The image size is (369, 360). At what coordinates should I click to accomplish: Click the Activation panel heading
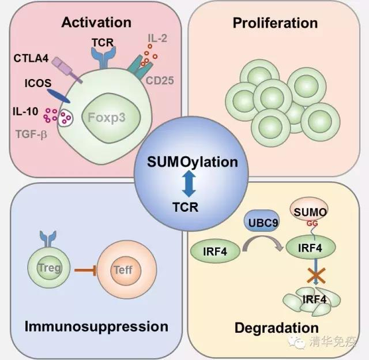click(x=96, y=22)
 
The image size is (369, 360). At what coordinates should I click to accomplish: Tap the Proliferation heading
click(x=276, y=23)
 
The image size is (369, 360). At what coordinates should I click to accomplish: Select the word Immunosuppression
click(x=96, y=327)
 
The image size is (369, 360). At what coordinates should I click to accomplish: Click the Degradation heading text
click(x=277, y=328)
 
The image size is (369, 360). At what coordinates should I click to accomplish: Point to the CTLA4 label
click(x=31, y=58)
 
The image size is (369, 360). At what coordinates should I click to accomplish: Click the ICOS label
click(x=38, y=83)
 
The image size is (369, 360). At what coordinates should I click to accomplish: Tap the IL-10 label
click(x=25, y=111)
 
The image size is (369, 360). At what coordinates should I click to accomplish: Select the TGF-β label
click(x=31, y=134)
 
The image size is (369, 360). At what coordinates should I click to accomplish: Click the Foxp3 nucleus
click(x=111, y=118)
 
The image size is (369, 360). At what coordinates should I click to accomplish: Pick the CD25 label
click(x=160, y=81)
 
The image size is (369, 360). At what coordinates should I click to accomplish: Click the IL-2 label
click(x=157, y=38)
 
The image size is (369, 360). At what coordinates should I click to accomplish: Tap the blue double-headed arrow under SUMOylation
click(x=189, y=183)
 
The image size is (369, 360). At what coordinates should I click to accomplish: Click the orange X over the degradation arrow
click(x=317, y=275)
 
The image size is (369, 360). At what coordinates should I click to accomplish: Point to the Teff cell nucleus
click(x=126, y=271)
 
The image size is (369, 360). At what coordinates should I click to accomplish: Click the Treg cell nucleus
click(x=49, y=268)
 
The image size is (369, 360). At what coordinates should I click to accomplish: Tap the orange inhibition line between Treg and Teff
click(x=85, y=270)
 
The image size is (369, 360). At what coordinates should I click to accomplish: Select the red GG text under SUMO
click(x=312, y=223)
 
